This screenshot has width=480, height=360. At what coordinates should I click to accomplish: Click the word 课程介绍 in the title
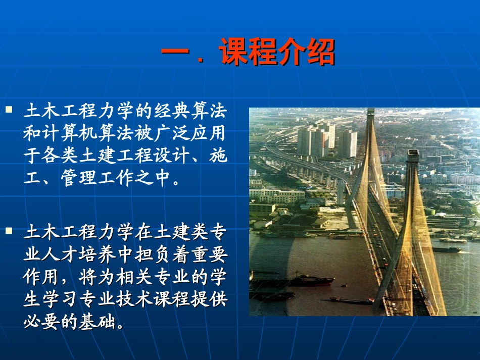[x=277, y=53]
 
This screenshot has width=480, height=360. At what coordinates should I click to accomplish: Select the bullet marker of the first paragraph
[x=9, y=109]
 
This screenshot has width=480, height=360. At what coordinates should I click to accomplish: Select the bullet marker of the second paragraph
[x=9, y=231]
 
